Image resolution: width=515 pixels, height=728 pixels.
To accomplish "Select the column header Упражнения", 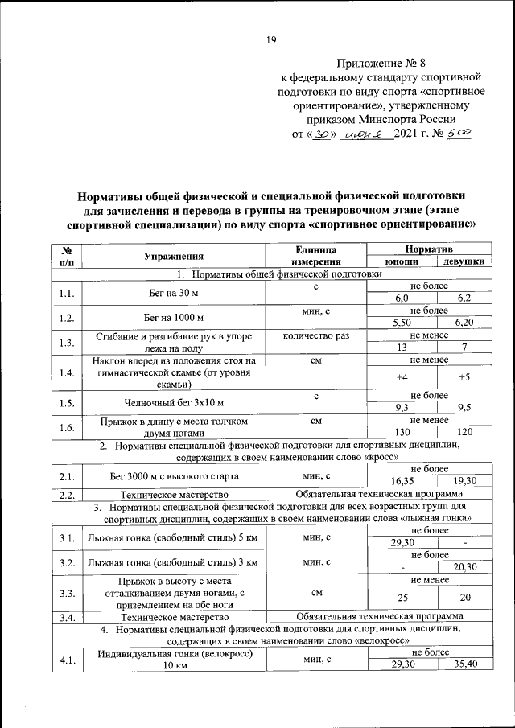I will pyautogui.click(x=173, y=256).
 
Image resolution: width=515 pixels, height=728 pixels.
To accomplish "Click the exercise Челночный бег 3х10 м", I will pyautogui.click(x=173, y=402).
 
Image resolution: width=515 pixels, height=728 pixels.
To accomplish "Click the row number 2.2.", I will pyautogui.click(x=67, y=495).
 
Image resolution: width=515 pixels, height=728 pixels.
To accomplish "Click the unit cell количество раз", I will pyautogui.click(x=315, y=335).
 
